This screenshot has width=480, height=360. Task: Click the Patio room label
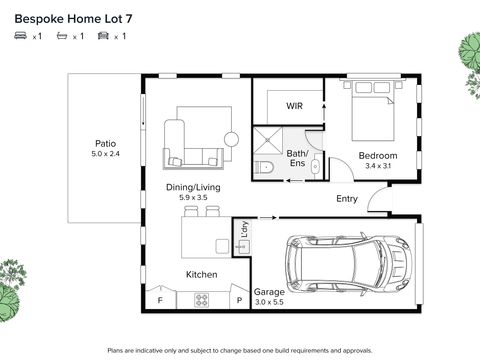[x=106, y=144]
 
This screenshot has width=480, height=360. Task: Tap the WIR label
[x=294, y=106]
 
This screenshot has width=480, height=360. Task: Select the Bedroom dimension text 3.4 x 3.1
[x=378, y=166]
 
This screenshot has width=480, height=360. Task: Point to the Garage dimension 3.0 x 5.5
[x=269, y=302]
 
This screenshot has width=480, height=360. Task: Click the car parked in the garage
[x=349, y=264]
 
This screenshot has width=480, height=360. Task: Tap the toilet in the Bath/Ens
[x=264, y=167]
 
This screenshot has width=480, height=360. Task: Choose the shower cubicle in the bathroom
[x=268, y=141]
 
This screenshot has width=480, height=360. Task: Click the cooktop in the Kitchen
[x=202, y=300]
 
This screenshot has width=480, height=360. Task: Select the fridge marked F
[x=160, y=299]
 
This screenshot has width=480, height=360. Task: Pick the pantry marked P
[x=239, y=299]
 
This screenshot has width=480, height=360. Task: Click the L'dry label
[x=245, y=229]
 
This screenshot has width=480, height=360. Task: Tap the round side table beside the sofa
[x=231, y=139]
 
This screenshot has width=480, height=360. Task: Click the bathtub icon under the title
[x=62, y=35]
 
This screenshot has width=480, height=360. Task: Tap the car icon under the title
[x=103, y=35]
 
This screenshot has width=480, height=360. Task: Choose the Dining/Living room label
[x=193, y=187]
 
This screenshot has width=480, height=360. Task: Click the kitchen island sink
[x=222, y=246]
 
